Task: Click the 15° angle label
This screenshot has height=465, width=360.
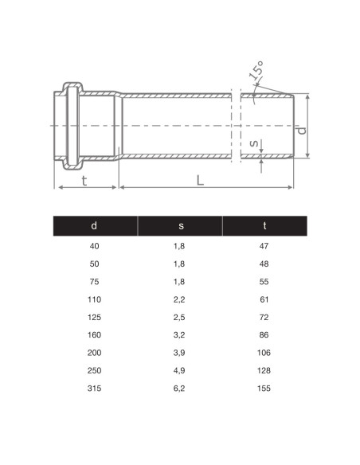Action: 257,74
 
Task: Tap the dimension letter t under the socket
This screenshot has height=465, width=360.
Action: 84,180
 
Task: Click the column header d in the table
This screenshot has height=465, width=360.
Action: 95,226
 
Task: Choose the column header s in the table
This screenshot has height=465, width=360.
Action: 180,226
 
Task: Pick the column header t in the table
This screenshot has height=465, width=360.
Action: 264,226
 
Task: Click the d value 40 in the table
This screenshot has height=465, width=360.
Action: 95,246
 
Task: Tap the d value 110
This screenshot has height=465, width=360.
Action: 95,299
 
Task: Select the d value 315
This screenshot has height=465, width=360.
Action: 95,389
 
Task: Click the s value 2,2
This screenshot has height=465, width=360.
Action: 180,299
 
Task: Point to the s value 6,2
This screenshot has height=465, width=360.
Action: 180,389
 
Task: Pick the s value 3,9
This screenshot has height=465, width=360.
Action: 180,353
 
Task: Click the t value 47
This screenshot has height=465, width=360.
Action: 264,246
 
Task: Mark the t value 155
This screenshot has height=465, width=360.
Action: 264,389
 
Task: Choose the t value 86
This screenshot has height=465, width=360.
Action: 264,335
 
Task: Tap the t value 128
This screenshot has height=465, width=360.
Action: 264,371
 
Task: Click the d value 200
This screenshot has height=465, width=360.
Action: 95,353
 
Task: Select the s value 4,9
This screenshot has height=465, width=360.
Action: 180,371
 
